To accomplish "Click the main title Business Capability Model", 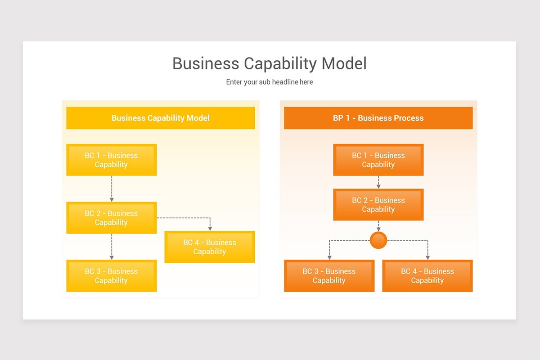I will [269, 63].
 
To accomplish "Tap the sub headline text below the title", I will [269, 82].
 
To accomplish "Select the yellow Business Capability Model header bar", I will [160, 118].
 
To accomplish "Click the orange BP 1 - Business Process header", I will [378, 118].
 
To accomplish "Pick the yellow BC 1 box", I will [111, 160].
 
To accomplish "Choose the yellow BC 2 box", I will [111, 218].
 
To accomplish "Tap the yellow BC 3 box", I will [111, 275].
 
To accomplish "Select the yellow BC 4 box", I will [210, 247].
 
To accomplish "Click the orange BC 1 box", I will [378, 160].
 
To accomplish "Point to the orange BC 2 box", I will [378, 204].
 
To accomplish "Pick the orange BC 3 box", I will [329, 275].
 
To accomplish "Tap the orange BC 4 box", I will [427, 275].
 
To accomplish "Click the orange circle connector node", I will [378, 240].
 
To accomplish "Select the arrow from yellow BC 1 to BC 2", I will [112, 189].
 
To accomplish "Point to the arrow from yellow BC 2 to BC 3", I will [112, 247].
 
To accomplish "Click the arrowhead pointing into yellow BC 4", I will [210, 228].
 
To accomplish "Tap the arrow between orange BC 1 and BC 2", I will [378, 182].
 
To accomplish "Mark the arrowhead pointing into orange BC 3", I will [329, 257].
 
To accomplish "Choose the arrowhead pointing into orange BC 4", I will [427, 257].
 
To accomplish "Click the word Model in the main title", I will [344, 63].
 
